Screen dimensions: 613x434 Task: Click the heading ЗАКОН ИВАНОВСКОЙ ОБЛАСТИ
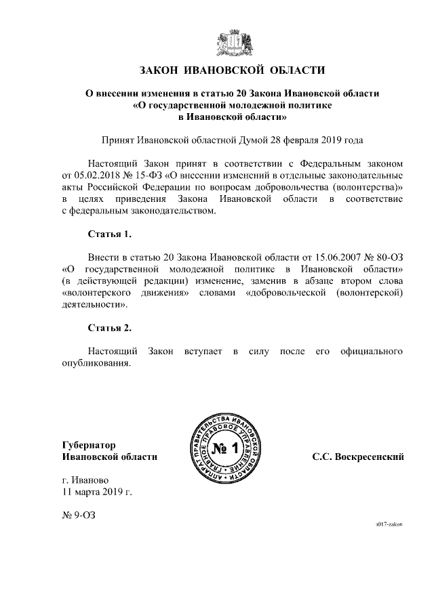[232, 70]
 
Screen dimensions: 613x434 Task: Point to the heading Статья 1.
[110, 235]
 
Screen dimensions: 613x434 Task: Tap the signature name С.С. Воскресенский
[358, 457]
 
